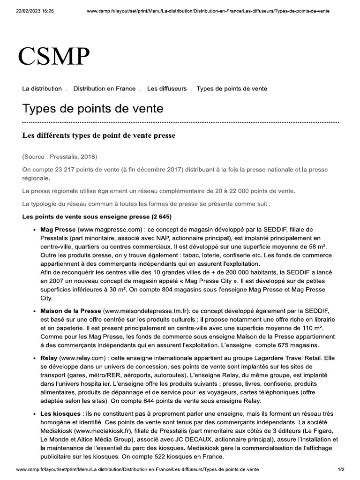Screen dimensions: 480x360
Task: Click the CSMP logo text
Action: pyautogui.click(x=54, y=57)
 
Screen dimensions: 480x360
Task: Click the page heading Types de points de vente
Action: pyautogui.click(x=93, y=109)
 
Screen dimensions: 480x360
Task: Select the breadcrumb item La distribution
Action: pyautogui.click(x=42, y=89)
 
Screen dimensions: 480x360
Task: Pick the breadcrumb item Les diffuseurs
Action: pyautogui.click(x=166, y=89)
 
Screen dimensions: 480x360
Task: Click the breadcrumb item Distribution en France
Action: pyautogui.click(x=105, y=89)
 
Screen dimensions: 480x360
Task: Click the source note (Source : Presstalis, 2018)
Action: pyautogui.click(x=60, y=156)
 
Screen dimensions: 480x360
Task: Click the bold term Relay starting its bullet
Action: pyautogui.click(x=49, y=358)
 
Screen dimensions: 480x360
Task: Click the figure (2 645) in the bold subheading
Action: pyautogui.click(x=161, y=217)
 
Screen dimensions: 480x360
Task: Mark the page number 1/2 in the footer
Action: pyautogui.click(x=341, y=469)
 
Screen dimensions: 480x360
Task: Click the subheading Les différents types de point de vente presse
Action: pyautogui.click(x=98, y=136)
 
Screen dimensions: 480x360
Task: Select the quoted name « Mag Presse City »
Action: pyautogui.click(x=221, y=280)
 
